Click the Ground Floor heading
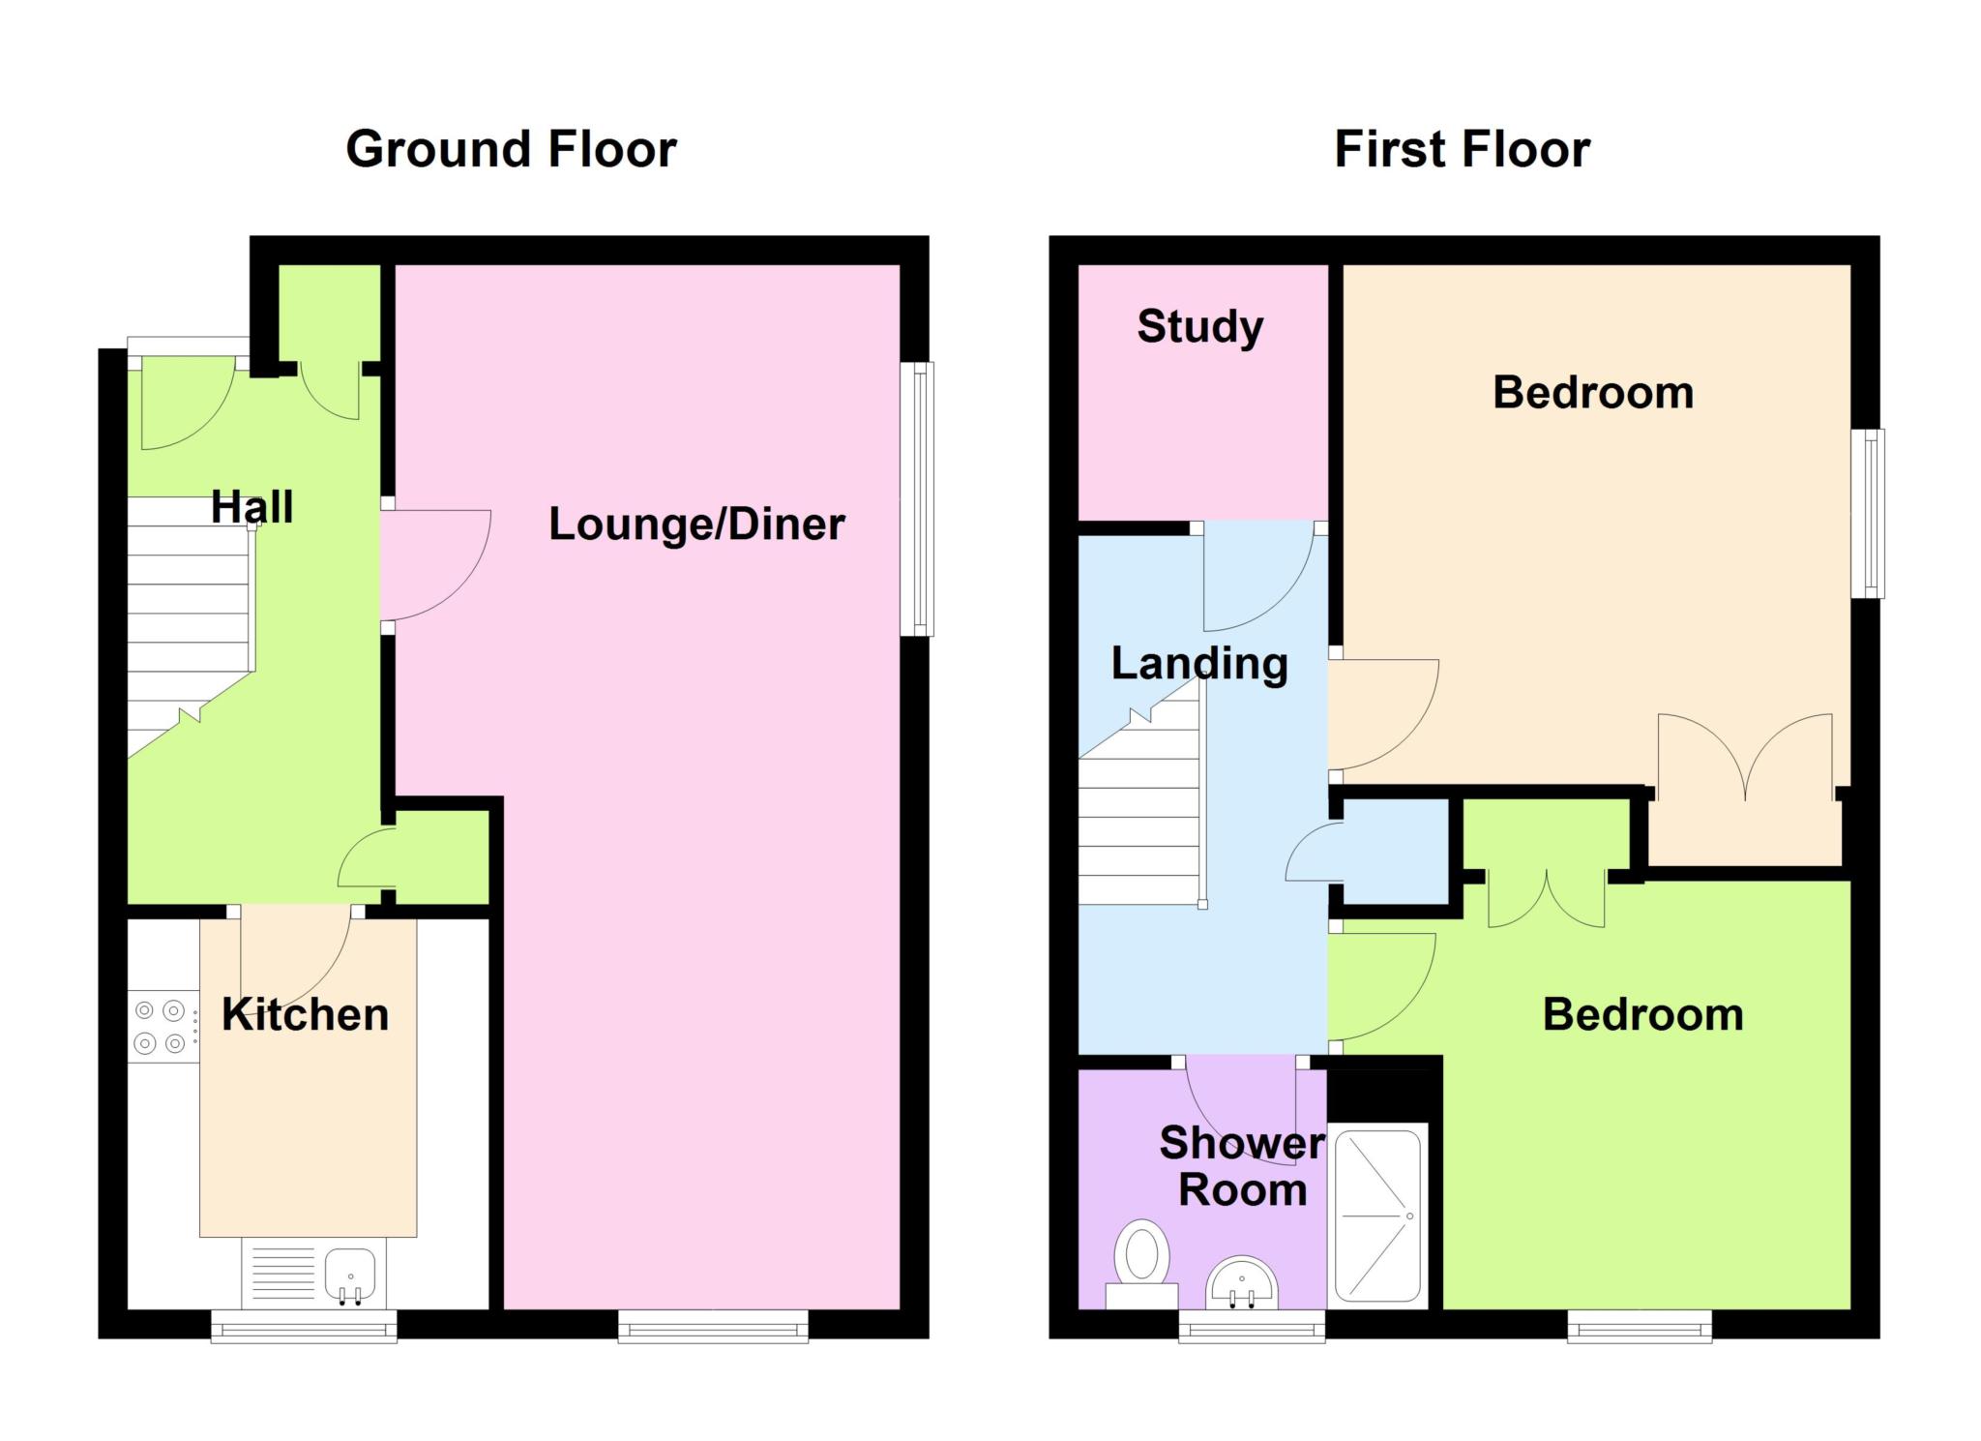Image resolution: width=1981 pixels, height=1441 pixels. [511, 149]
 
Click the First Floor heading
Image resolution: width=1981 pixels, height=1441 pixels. [1462, 149]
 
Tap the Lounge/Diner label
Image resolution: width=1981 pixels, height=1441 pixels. [696, 525]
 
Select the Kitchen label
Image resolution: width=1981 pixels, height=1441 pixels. [306, 1014]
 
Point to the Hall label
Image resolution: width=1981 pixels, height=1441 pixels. [251, 507]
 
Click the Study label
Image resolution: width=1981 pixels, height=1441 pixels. [1200, 327]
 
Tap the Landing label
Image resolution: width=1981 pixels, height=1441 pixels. [1199, 664]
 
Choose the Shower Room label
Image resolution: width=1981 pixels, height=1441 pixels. [1242, 1166]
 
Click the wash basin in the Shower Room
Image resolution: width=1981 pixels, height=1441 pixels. [1242, 1283]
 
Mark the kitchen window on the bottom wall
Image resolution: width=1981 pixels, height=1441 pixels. [305, 1325]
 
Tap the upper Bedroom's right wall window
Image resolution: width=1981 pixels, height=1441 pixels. [1868, 513]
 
